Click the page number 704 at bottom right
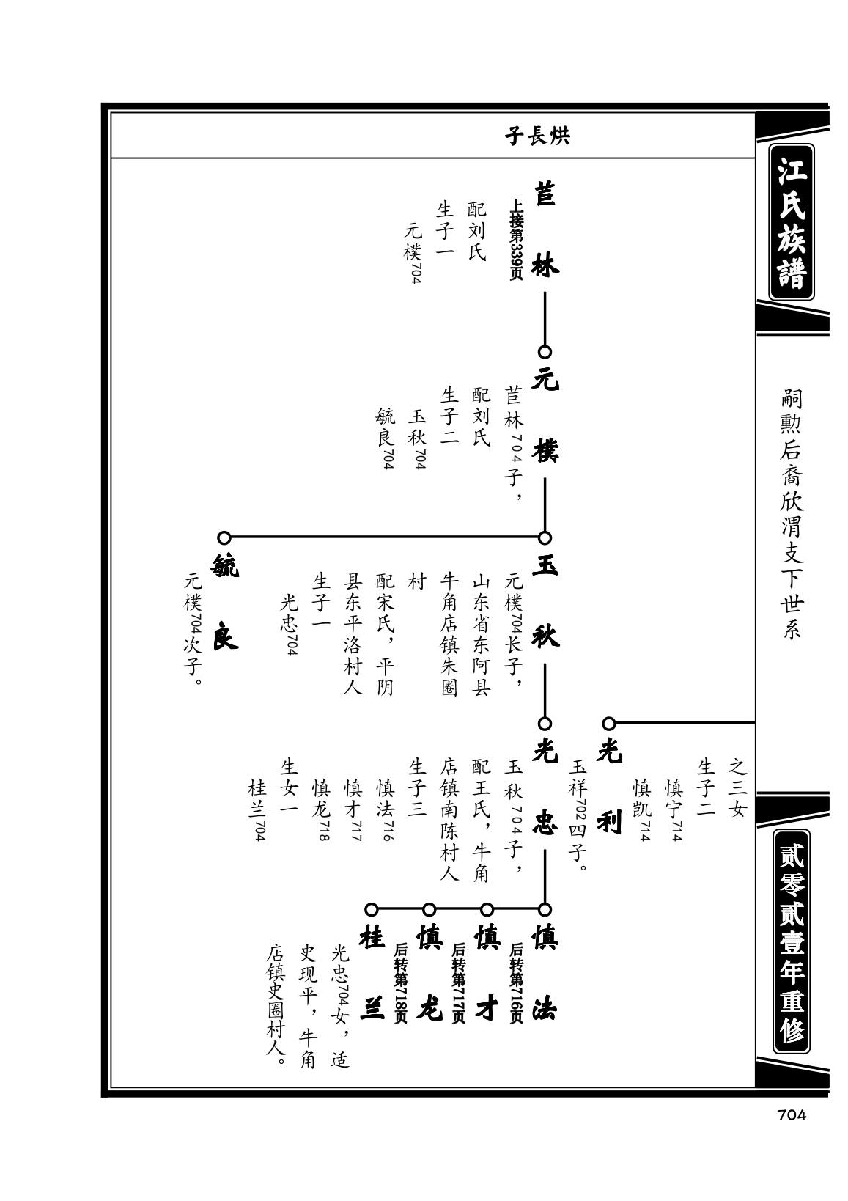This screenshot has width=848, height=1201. pyautogui.click(x=791, y=1115)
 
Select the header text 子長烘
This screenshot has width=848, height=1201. pyautogui.click(x=537, y=136)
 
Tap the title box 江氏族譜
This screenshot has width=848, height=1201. pyautogui.click(x=792, y=221)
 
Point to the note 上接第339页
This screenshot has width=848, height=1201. pyautogui.click(x=516, y=240)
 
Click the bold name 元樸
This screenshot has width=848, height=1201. pyautogui.click(x=545, y=416)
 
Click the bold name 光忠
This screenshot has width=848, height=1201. pyautogui.click(x=545, y=788)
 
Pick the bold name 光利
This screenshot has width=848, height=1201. pyautogui.click(x=610, y=788)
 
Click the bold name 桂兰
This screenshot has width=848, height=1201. pyautogui.click(x=372, y=974)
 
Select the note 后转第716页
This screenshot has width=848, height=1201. pyautogui.click(x=516, y=983)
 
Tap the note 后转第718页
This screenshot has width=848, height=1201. pyautogui.click(x=400, y=983)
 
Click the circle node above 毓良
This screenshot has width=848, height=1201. pyautogui.click(x=224, y=537)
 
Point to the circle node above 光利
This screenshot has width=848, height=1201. pyautogui.click(x=608, y=723)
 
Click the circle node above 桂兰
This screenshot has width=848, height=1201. pyautogui.click(x=372, y=909)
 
